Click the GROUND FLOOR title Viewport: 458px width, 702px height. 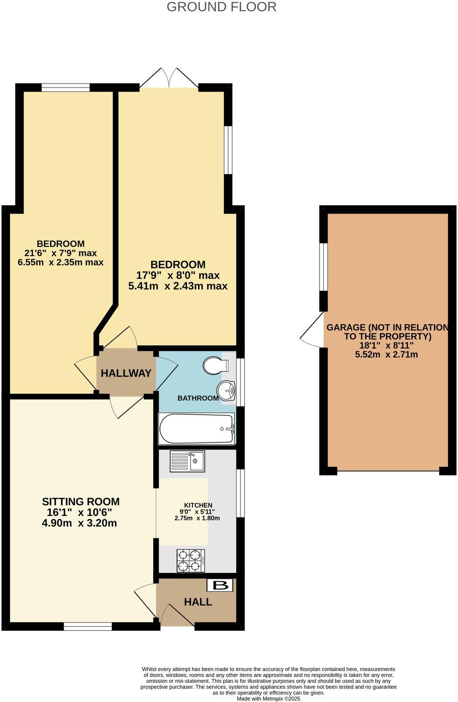[x=221, y=7]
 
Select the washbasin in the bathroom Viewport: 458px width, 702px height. [x=226, y=390]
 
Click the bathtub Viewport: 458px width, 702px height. [x=197, y=429]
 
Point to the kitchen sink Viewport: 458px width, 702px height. [x=187, y=461]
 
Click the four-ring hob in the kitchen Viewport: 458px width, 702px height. [x=191, y=560]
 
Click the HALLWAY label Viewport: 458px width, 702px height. [x=126, y=373]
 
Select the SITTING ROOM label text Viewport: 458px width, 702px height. [x=81, y=502]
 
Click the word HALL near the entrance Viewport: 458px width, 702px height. [x=198, y=602]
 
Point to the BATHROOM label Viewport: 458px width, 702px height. [x=198, y=398]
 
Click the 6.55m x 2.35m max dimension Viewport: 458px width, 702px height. [x=61, y=262]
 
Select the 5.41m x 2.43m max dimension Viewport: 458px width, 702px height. [x=178, y=286]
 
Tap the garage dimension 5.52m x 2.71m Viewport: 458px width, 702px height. [x=386, y=354]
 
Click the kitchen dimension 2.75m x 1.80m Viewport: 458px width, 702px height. [x=197, y=518]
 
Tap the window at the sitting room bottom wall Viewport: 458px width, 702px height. [x=88, y=627]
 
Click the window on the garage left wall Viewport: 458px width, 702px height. [x=323, y=267]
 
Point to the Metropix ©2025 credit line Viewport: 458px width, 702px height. [x=269, y=699]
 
